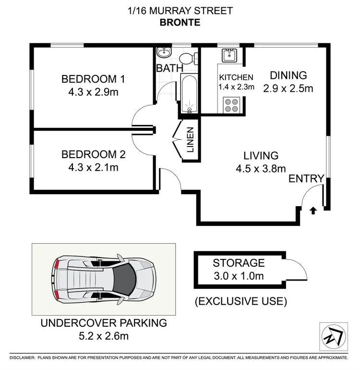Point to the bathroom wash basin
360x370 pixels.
164,52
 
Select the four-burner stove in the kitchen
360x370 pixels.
231,105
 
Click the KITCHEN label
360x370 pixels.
236,77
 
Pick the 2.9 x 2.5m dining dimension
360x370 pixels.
288,88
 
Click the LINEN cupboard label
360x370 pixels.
191,139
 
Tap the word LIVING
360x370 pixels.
261,156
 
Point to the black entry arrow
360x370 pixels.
313,210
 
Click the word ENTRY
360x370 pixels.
306,179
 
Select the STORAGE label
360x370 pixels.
239,263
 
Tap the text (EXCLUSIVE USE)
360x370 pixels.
240,302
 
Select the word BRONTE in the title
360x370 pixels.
180,23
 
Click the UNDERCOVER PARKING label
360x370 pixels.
104,323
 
